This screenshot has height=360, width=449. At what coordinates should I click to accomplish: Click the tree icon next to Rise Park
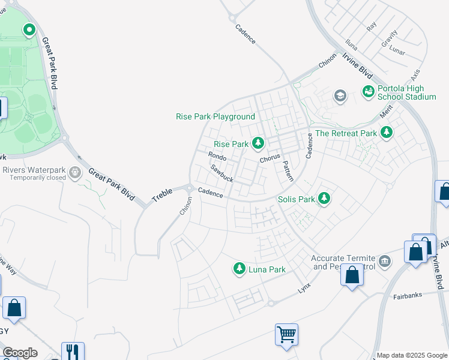pyautogui.click(x=258, y=143)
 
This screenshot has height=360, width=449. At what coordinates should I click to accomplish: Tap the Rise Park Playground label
pyautogui.click(x=215, y=116)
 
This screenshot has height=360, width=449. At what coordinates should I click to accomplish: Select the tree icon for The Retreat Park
pyautogui.click(x=387, y=132)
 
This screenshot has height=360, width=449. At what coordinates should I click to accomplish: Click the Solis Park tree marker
pyautogui.click(x=324, y=197)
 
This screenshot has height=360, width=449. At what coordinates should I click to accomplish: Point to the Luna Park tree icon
pyautogui.click(x=240, y=268)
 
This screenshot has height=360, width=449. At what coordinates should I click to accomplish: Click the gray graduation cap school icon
pyautogui.click(x=340, y=95)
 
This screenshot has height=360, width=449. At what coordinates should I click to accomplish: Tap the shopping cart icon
pyautogui.click(x=286, y=334)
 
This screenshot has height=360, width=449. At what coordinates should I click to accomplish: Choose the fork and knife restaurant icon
pyautogui.click(x=72, y=352)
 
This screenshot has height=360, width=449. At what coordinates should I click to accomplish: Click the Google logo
pyautogui.click(x=20, y=353)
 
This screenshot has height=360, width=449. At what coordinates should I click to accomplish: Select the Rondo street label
pyautogui.click(x=217, y=157)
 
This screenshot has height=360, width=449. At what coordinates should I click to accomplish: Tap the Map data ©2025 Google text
pyautogui.click(x=412, y=355)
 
